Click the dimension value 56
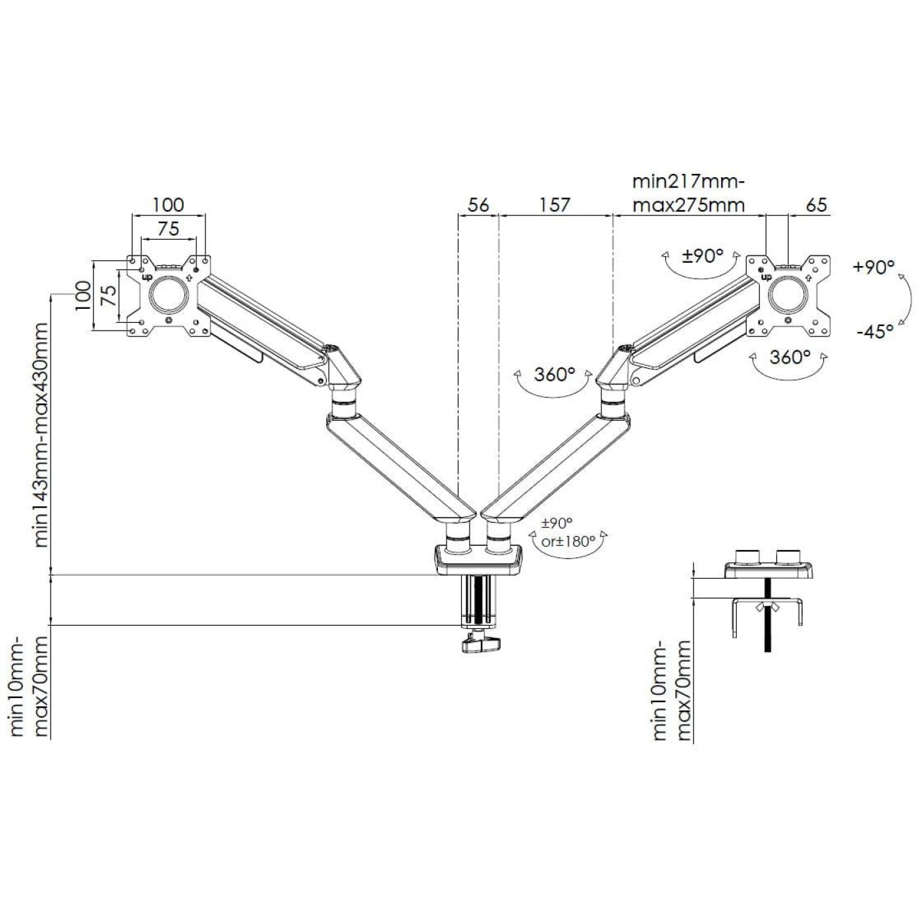coord(478,205)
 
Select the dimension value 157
coord(555,205)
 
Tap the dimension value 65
coord(815,205)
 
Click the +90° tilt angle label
coord(873,267)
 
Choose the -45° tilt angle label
coord(875,331)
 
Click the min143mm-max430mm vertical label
coord(41,435)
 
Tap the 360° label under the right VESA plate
coord(790,357)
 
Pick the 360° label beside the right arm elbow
coord(555,375)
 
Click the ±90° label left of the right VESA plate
coord(703,256)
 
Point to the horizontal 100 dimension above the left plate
coord(169,205)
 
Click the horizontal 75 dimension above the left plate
coord(169,229)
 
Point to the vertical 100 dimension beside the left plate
coord(83,296)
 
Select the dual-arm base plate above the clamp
coord(478,557)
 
